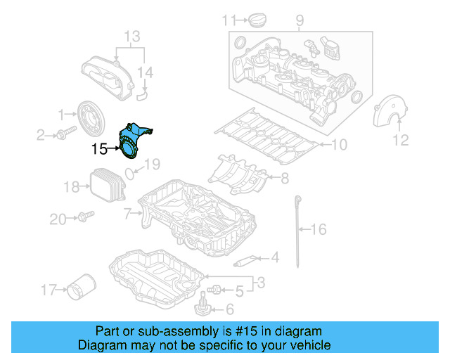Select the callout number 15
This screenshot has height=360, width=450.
[99, 148]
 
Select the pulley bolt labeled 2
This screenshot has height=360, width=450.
[69, 134]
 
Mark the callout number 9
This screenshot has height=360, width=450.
[300, 20]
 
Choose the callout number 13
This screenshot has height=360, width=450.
[132, 35]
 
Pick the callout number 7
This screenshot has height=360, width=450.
[127, 212]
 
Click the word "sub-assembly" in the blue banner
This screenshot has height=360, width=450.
[157, 331]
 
